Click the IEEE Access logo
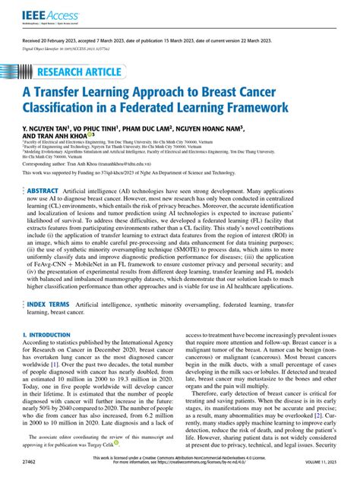35,14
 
